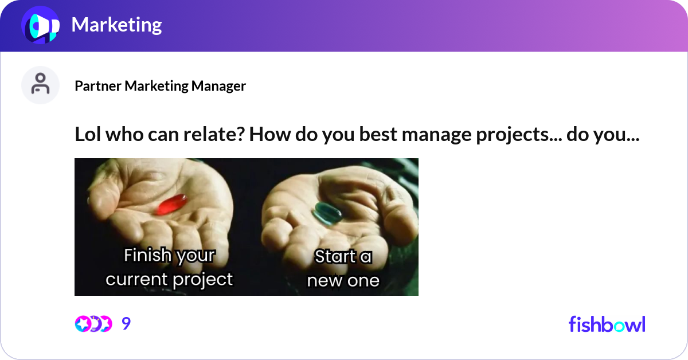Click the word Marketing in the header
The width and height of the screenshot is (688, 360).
(x=116, y=25)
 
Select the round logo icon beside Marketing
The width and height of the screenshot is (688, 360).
(x=40, y=26)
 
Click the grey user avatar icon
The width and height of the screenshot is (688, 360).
(x=40, y=85)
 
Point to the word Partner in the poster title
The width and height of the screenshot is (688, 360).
(x=98, y=86)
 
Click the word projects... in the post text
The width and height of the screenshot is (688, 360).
(x=513, y=136)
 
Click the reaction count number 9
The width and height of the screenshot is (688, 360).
(x=126, y=324)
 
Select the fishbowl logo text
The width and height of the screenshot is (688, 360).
(x=607, y=324)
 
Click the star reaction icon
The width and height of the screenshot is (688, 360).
(x=83, y=324)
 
